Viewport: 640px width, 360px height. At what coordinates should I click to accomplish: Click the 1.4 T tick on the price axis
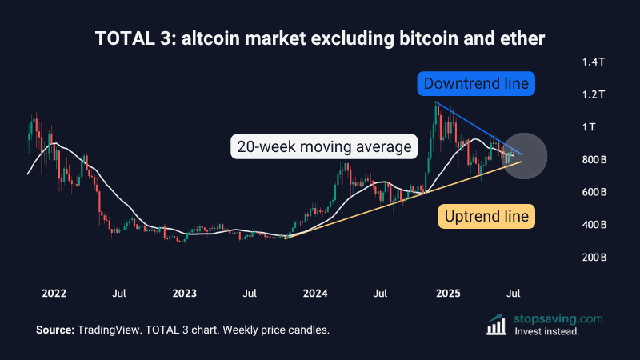[594, 62]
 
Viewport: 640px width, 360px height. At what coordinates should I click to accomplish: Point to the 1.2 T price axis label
[594, 94]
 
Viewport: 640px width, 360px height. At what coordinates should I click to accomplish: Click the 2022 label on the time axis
[54, 294]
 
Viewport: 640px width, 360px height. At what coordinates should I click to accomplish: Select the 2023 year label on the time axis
[186, 294]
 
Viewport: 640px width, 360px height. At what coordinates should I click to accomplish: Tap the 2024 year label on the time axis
[317, 294]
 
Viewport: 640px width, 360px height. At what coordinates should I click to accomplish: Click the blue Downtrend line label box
[476, 83]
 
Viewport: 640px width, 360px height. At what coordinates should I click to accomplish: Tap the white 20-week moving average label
[323, 147]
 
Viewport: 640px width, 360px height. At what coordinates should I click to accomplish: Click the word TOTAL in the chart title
[122, 38]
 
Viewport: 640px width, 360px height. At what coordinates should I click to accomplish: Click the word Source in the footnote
[54, 330]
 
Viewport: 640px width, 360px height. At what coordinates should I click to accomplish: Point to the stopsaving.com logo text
[559, 318]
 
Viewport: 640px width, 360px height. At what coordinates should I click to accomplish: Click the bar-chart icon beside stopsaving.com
[498, 324]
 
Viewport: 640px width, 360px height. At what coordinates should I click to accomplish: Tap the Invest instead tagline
[547, 331]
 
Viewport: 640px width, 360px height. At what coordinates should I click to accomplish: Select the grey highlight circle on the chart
[524, 155]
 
